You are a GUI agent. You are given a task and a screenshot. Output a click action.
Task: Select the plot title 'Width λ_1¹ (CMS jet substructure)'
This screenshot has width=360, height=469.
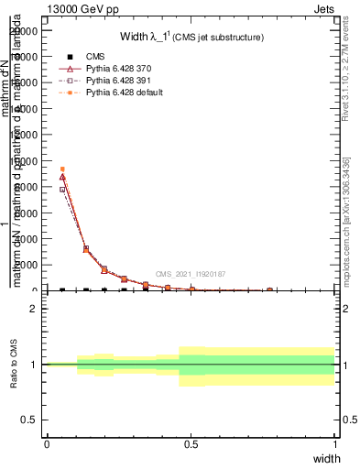[192, 38]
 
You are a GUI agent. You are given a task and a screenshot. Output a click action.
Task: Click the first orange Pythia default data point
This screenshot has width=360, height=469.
[62, 169]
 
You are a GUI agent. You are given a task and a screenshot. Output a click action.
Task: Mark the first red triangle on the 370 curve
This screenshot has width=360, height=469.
[62, 176]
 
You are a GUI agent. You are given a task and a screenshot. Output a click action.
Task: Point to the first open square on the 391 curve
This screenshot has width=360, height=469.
[62, 190]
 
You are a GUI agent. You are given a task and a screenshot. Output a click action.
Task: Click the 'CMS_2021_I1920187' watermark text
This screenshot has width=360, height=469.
[190, 274]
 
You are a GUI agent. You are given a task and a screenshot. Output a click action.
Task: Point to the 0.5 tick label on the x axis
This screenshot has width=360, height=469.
[191, 444]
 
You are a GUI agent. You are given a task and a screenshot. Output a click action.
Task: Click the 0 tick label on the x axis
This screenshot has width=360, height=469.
[47, 444]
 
